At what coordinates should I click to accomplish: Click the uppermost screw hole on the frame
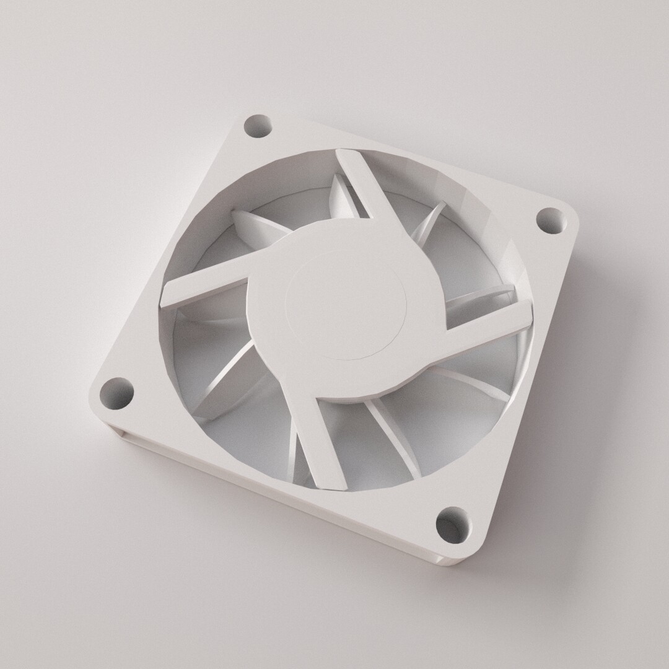point(258,128)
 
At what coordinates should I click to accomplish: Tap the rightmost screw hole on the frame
point(550,220)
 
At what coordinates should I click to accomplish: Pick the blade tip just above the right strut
point(489,294)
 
